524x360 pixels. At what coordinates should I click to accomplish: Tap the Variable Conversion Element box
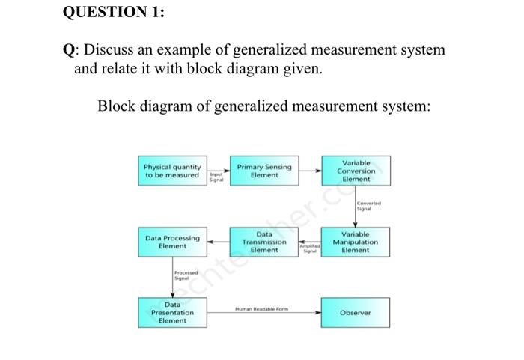pos(356,171)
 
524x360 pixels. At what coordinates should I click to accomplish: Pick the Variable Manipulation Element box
pos(356,242)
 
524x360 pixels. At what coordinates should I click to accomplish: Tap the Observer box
pos(356,312)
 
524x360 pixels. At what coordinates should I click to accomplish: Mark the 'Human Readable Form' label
pos(261,308)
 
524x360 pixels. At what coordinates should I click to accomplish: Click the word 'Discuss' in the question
pos(110,50)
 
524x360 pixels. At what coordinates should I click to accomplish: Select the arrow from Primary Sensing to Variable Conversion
pos(311,171)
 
